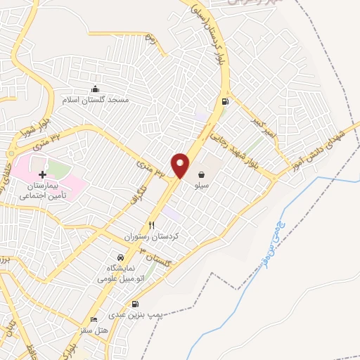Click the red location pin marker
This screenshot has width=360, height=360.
click(181, 166)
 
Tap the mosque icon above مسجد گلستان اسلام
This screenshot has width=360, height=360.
click(96, 89)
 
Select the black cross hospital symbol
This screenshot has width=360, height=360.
click(42, 174)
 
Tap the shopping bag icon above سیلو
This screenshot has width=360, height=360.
click(202, 174)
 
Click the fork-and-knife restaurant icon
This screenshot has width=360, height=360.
click(151, 225)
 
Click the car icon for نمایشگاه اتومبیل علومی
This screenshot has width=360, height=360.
click(128, 257)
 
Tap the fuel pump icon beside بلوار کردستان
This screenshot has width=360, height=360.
click(225, 102)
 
